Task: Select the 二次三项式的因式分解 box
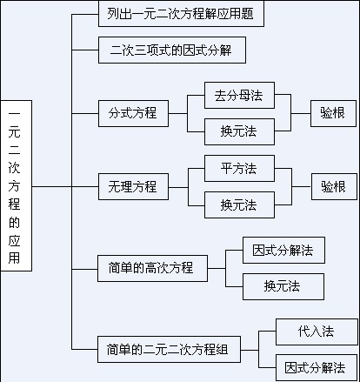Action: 171,50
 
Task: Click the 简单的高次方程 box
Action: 152,268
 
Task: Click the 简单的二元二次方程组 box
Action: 169,350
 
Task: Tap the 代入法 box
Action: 316,332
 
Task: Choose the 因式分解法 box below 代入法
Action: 316,367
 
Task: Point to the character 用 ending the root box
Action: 15,258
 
